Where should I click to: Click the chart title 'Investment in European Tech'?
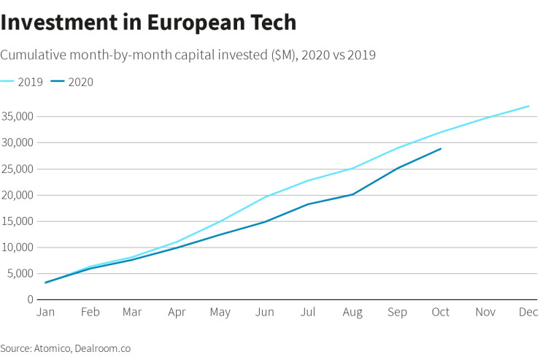[x=148, y=22]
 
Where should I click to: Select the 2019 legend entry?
[x=22, y=82]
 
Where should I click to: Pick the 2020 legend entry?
[x=72, y=82]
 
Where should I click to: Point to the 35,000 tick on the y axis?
[x=17, y=116]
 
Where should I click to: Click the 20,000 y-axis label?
[x=17, y=195]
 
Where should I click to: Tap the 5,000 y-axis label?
[x=20, y=274]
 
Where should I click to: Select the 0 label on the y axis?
[x=30, y=299]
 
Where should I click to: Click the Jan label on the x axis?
[x=45, y=313]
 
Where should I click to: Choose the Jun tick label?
[x=265, y=313]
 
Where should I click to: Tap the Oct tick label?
[x=441, y=313]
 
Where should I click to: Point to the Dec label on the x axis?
[x=528, y=313]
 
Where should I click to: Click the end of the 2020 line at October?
[x=441, y=149]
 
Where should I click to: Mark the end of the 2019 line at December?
[x=528, y=106]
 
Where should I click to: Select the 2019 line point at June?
[x=265, y=197]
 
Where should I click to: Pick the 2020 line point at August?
[x=353, y=194]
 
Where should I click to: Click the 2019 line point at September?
[x=397, y=148]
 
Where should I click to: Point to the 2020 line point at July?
[x=309, y=204]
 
